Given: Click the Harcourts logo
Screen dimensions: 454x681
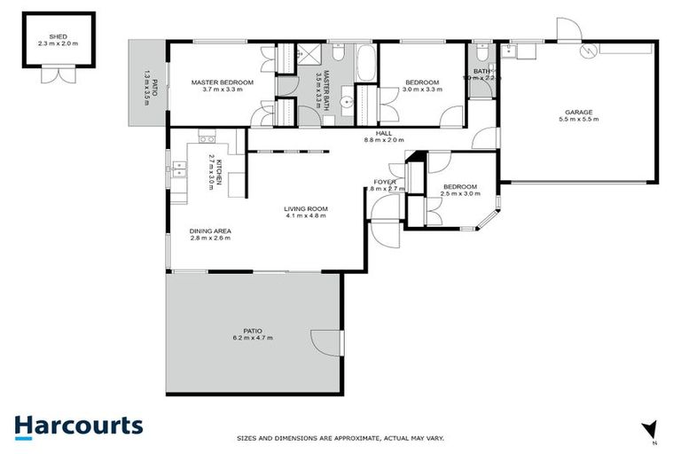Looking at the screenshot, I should (x=78, y=426).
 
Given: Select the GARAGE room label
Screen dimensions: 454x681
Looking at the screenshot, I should (x=579, y=113).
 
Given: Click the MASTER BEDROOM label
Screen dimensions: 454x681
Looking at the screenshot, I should (x=223, y=82).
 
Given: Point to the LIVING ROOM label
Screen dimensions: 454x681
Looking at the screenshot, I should (x=305, y=209).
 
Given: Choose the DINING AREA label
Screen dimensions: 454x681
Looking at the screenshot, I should (x=210, y=231).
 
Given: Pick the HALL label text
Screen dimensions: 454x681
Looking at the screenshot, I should (x=384, y=133).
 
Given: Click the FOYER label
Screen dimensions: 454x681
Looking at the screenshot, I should (x=384, y=182).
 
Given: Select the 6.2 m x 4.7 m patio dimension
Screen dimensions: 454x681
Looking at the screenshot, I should (x=253, y=338).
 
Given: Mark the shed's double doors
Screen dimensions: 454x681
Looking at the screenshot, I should (x=56, y=76).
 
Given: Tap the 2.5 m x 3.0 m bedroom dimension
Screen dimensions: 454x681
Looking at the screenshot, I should (x=460, y=192).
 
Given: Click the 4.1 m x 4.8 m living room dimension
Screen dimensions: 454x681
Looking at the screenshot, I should (x=306, y=216).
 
